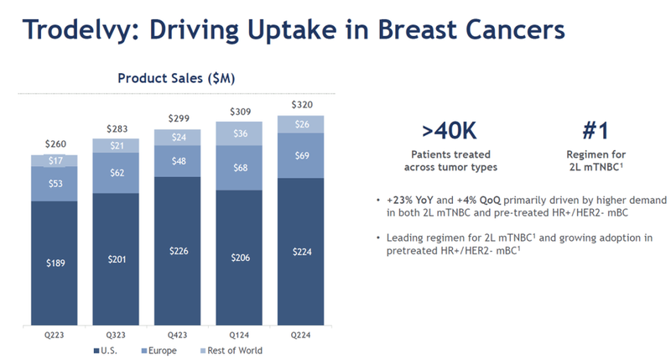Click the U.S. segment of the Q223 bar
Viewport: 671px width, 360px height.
coord(54,263)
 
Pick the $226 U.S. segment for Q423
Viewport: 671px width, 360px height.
coord(178,250)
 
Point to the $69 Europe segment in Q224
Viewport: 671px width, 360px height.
coord(301,155)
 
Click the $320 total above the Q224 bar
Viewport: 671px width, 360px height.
coord(301,104)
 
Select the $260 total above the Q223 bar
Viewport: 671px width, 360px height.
coord(54,143)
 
